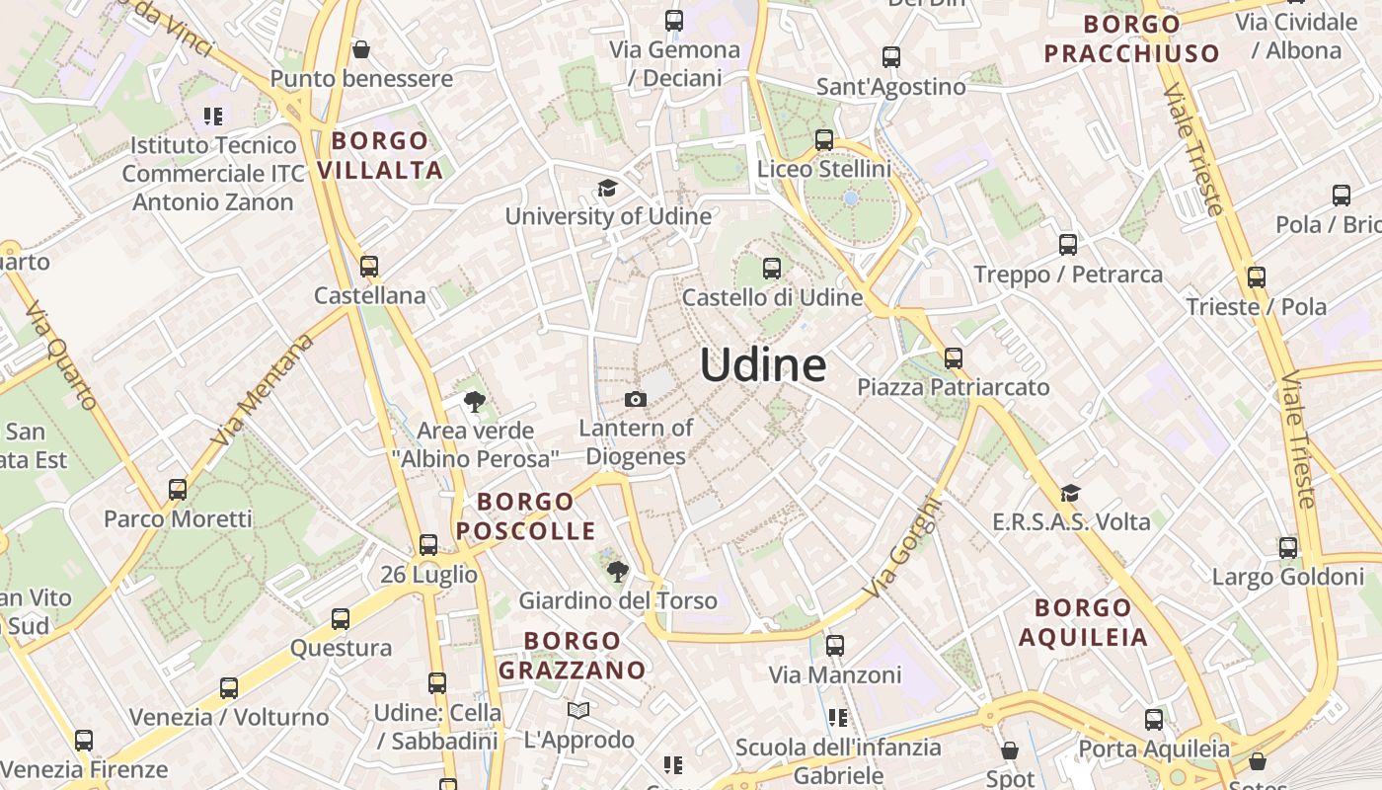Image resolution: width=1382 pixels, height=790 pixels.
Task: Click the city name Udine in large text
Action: coord(763,365)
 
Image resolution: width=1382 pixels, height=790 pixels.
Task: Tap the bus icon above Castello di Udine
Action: coord(772,268)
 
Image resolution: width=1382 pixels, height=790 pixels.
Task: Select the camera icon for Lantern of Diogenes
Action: coord(636,399)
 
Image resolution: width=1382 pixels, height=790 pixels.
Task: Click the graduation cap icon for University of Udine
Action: coord(607,188)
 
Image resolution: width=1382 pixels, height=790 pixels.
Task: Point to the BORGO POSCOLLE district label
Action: coord(525,515)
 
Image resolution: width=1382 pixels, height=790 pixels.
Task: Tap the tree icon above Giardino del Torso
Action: coord(618,571)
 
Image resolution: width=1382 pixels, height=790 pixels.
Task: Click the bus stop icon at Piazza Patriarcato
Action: coord(953,357)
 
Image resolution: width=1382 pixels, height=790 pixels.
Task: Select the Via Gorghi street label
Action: coord(903,549)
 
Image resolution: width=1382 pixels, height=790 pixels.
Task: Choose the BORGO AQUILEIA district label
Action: coord(1083,622)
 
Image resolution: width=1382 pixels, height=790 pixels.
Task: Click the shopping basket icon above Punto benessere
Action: coord(361,49)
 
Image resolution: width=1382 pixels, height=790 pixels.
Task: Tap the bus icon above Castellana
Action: coord(369,266)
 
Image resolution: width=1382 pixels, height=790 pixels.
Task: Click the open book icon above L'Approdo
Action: coord(578,710)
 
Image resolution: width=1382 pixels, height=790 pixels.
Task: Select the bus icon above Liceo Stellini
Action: coord(824,140)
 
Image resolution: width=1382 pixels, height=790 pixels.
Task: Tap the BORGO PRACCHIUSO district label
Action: coord(1132,39)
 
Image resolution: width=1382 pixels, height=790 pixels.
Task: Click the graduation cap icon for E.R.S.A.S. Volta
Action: coord(1071,493)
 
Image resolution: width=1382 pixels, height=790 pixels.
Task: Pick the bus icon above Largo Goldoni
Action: coord(1288,547)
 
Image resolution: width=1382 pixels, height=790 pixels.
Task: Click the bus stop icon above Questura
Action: coord(341,619)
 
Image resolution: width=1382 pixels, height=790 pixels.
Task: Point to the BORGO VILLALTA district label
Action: coord(380,155)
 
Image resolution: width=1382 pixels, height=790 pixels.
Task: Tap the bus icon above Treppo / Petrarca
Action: coord(1068,244)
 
